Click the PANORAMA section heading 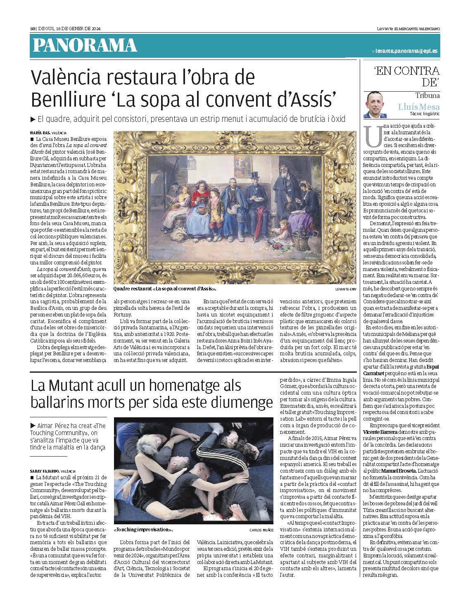pyautogui.click(x=85, y=45)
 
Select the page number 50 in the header pyautogui.click(x=33, y=29)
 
